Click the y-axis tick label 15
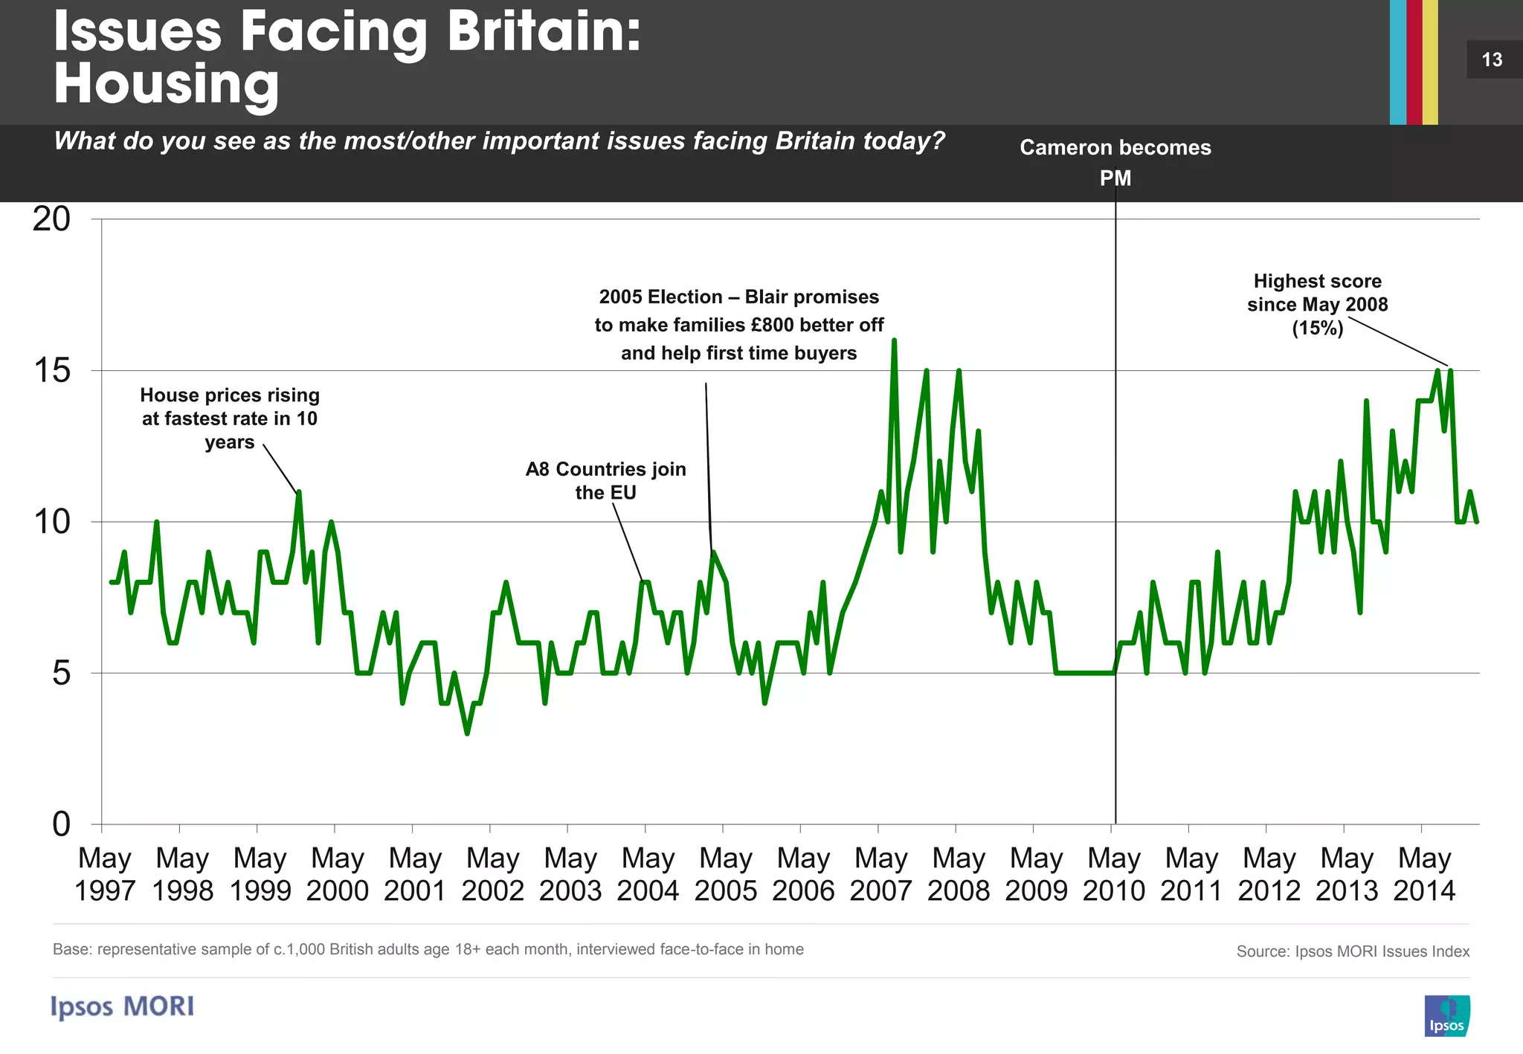pyautogui.click(x=52, y=370)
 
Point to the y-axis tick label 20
pyautogui.click(x=51, y=219)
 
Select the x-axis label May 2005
pyautogui.click(x=725, y=874)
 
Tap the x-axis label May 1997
pyautogui.click(x=104, y=874)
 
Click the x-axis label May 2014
pyautogui.click(x=1424, y=874)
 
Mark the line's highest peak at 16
pyautogui.click(x=894, y=340)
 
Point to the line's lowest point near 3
pyautogui.click(x=467, y=734)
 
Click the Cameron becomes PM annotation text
pyautogui.click(x=1115, y=162)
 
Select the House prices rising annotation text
pyautogui.click(x=230, y=418)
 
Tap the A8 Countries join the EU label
pyautogui.click(x=605, y=480)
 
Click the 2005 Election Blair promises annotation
pyautogui.click(x=738, y=325)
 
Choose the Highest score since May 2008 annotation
pyautogui.click(x=1317, y=304)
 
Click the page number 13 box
pyautogui.click(x=1492, y=59)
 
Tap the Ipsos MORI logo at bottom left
pyautogui.click(x=123, y=1006)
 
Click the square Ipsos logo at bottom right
pyautogui.click(x=1446, y=1015)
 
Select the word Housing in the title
pyautogui.click(x=167, y=84)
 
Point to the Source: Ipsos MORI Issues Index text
pyautogui.click(x=1353, y=951)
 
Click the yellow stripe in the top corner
pyautogui.click(x=1430, y=62)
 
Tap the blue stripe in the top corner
pyautogui.click(x=1397, y=62)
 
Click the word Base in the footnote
pyautogui.click(x=68, y=949)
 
